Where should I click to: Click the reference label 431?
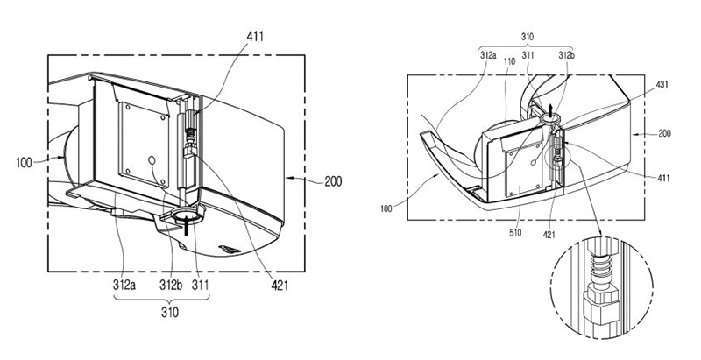pos(662,84)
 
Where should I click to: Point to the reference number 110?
pos(510,60)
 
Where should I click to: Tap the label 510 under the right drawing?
pos(515,233)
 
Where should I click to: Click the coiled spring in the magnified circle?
pos(600,266)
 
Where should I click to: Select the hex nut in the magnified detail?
pos(599,297)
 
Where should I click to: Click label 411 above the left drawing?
pos(254,36)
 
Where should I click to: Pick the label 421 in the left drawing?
pos(279,285)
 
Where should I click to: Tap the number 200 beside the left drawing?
pos(333,181)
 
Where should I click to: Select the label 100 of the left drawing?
pos(25,163)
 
